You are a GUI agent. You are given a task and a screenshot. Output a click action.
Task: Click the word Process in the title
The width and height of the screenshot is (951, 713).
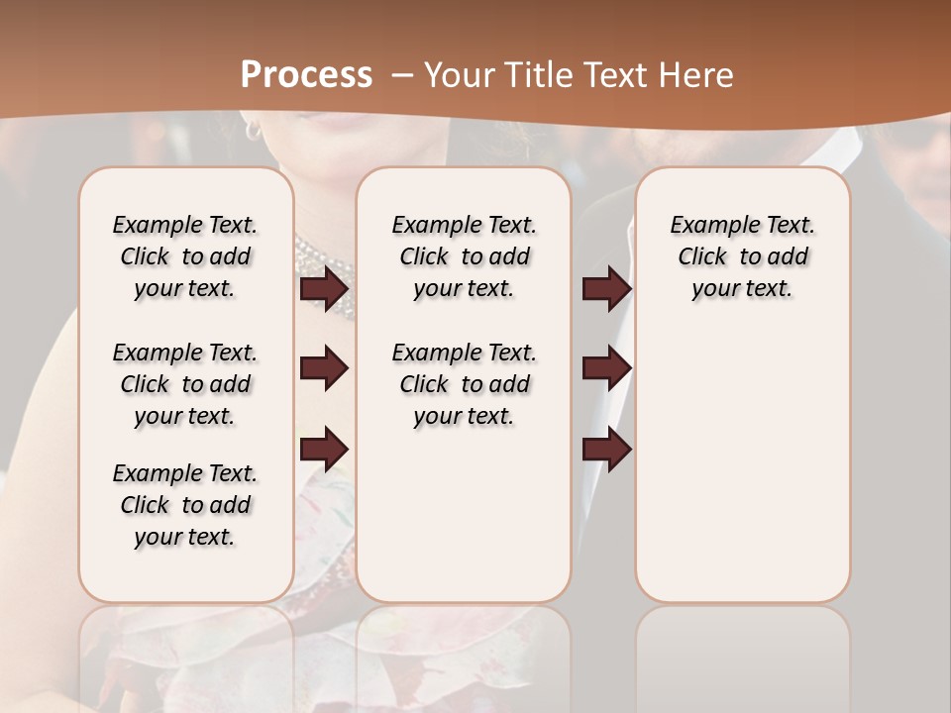pos(306,74)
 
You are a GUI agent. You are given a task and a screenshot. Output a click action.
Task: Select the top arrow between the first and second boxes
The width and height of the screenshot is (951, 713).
pos(324,288)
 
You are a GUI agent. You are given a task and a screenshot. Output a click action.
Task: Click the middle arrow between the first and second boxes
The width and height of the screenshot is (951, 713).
pos(324,368)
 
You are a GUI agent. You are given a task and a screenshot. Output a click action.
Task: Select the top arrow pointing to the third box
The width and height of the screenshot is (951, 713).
pos(606,288)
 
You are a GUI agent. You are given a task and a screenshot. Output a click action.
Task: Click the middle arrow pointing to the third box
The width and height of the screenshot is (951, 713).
pos(606,368)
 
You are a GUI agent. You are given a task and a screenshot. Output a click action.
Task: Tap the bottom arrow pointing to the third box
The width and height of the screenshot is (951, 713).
pos(606,451)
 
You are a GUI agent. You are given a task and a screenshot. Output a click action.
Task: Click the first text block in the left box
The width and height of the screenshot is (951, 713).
pos(185,256)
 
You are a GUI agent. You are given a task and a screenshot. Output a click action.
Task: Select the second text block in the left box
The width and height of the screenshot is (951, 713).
pos(185,384)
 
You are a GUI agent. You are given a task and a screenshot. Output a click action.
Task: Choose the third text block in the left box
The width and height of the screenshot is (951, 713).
pos(185,505)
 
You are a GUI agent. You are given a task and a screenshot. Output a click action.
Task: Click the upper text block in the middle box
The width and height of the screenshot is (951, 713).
pos(464,256)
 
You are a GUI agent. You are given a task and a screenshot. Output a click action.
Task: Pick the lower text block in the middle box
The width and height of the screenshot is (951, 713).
pos(464,384)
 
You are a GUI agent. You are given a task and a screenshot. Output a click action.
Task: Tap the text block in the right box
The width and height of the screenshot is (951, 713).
pos(742,256)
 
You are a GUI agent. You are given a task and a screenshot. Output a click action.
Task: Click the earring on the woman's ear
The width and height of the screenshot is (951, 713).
pos(254,130)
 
